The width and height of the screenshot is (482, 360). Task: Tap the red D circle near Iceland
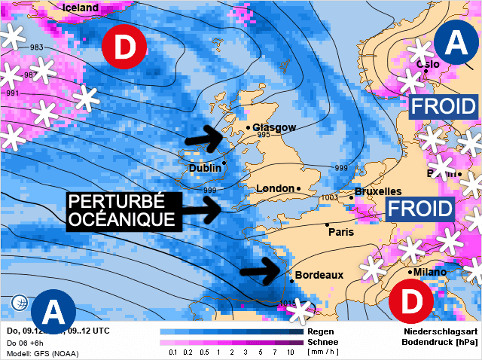[125, 47]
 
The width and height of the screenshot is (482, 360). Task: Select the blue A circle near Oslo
[456, 44]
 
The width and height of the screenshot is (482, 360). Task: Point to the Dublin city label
[206, 169]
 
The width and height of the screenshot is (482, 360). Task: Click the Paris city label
[340, 232]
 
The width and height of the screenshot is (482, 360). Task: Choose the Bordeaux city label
[319, 276]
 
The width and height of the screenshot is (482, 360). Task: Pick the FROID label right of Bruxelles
[419, 209]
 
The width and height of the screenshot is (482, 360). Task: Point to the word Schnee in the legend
[323, 341]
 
